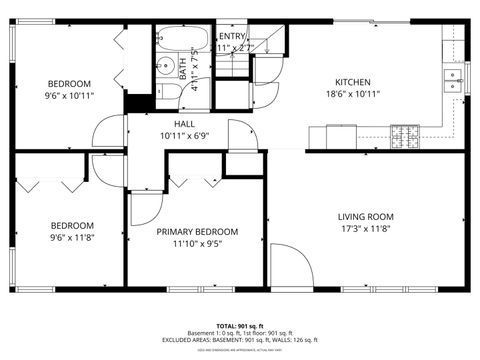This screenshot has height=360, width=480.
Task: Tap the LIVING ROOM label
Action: [x=365, y=216]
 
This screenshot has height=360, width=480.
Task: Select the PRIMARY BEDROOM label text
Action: [x=195, y=231]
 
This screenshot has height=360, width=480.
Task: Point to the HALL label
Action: [x=183, y=122]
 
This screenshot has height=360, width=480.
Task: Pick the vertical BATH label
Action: [x=183, y=67]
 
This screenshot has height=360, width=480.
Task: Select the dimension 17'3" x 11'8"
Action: [x=365, y=229]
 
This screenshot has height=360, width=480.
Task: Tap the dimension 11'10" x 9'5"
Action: [x=195, y=243]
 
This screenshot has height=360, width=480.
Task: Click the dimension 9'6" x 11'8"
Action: [x=72, y=238]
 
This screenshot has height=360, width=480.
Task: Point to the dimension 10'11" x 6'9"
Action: [x=183, y=134]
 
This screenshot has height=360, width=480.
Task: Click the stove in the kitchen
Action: [x=404, y=132]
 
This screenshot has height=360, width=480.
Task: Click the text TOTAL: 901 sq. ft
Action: [x=239, y=327]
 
